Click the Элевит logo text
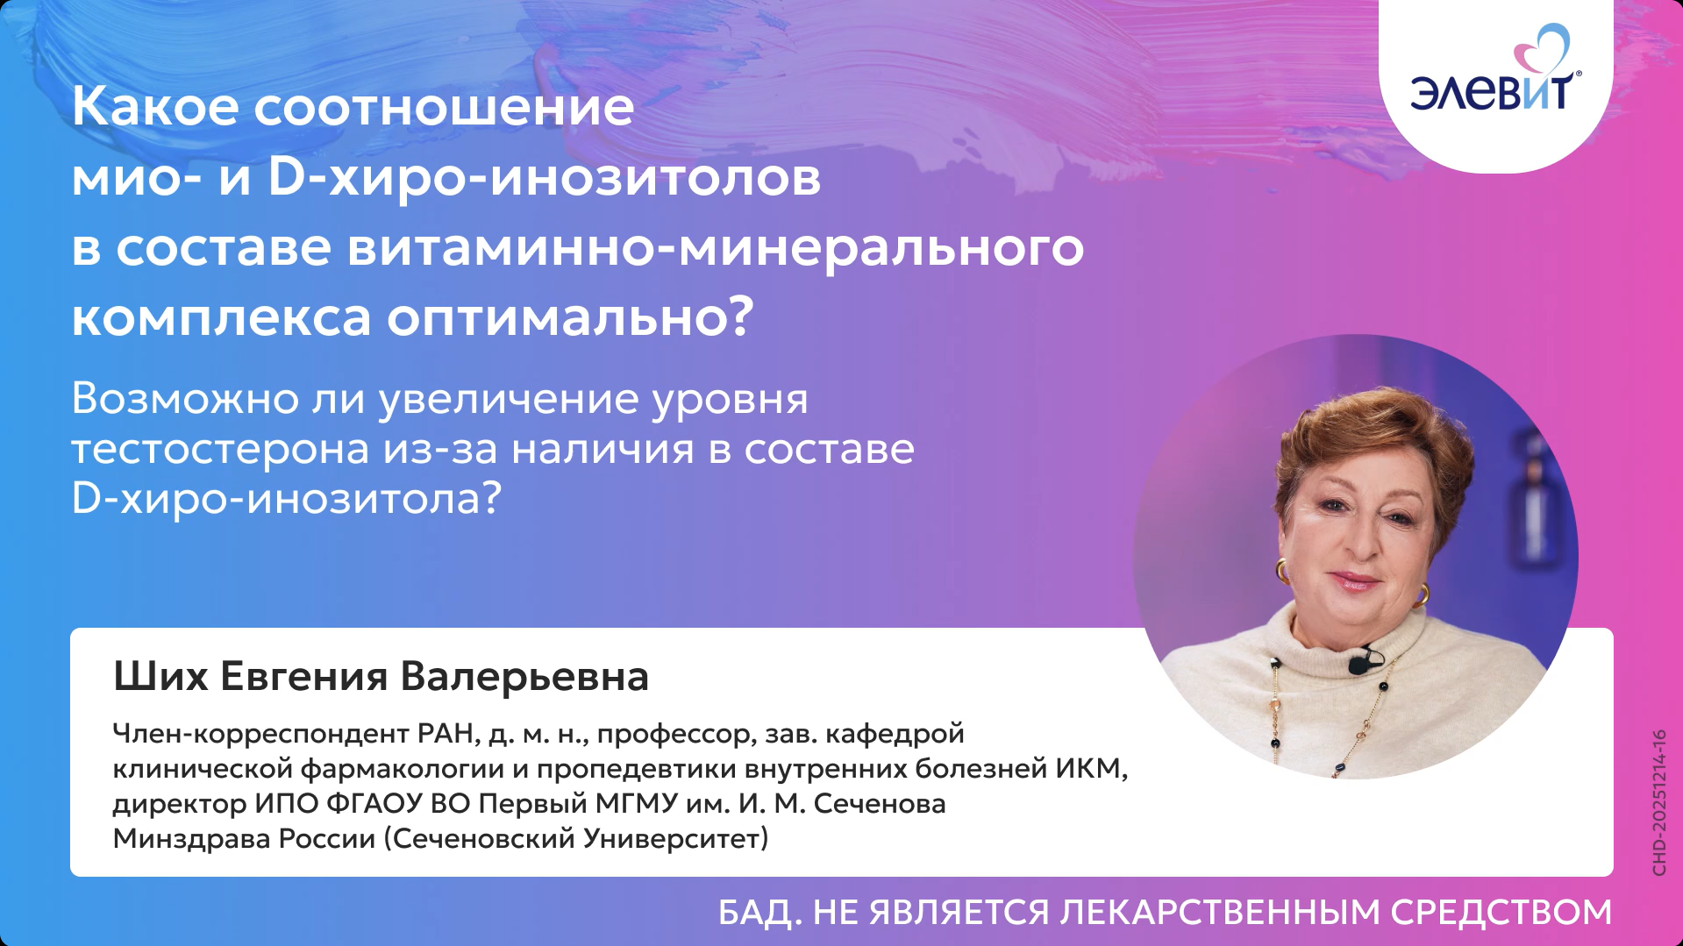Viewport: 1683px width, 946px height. pyautogui.click(x=1492, y=91)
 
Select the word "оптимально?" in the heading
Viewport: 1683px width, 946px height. pyautogui.click(x=570, y=317)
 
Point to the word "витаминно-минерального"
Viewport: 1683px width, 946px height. pyautogui.click(x=715, y=247)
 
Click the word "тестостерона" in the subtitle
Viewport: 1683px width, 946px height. pyautogui.click(x=220, y=450)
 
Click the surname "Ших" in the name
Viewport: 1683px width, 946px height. pyautogui.click(x=160, y=677)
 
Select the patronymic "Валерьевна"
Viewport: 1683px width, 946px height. pyautogui.click(x=524, y=677)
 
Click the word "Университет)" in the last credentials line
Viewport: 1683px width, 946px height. pyautogui.click(x=675, y=839)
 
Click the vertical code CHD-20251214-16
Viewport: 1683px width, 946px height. pyautogui.click(x=1658, y=802)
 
